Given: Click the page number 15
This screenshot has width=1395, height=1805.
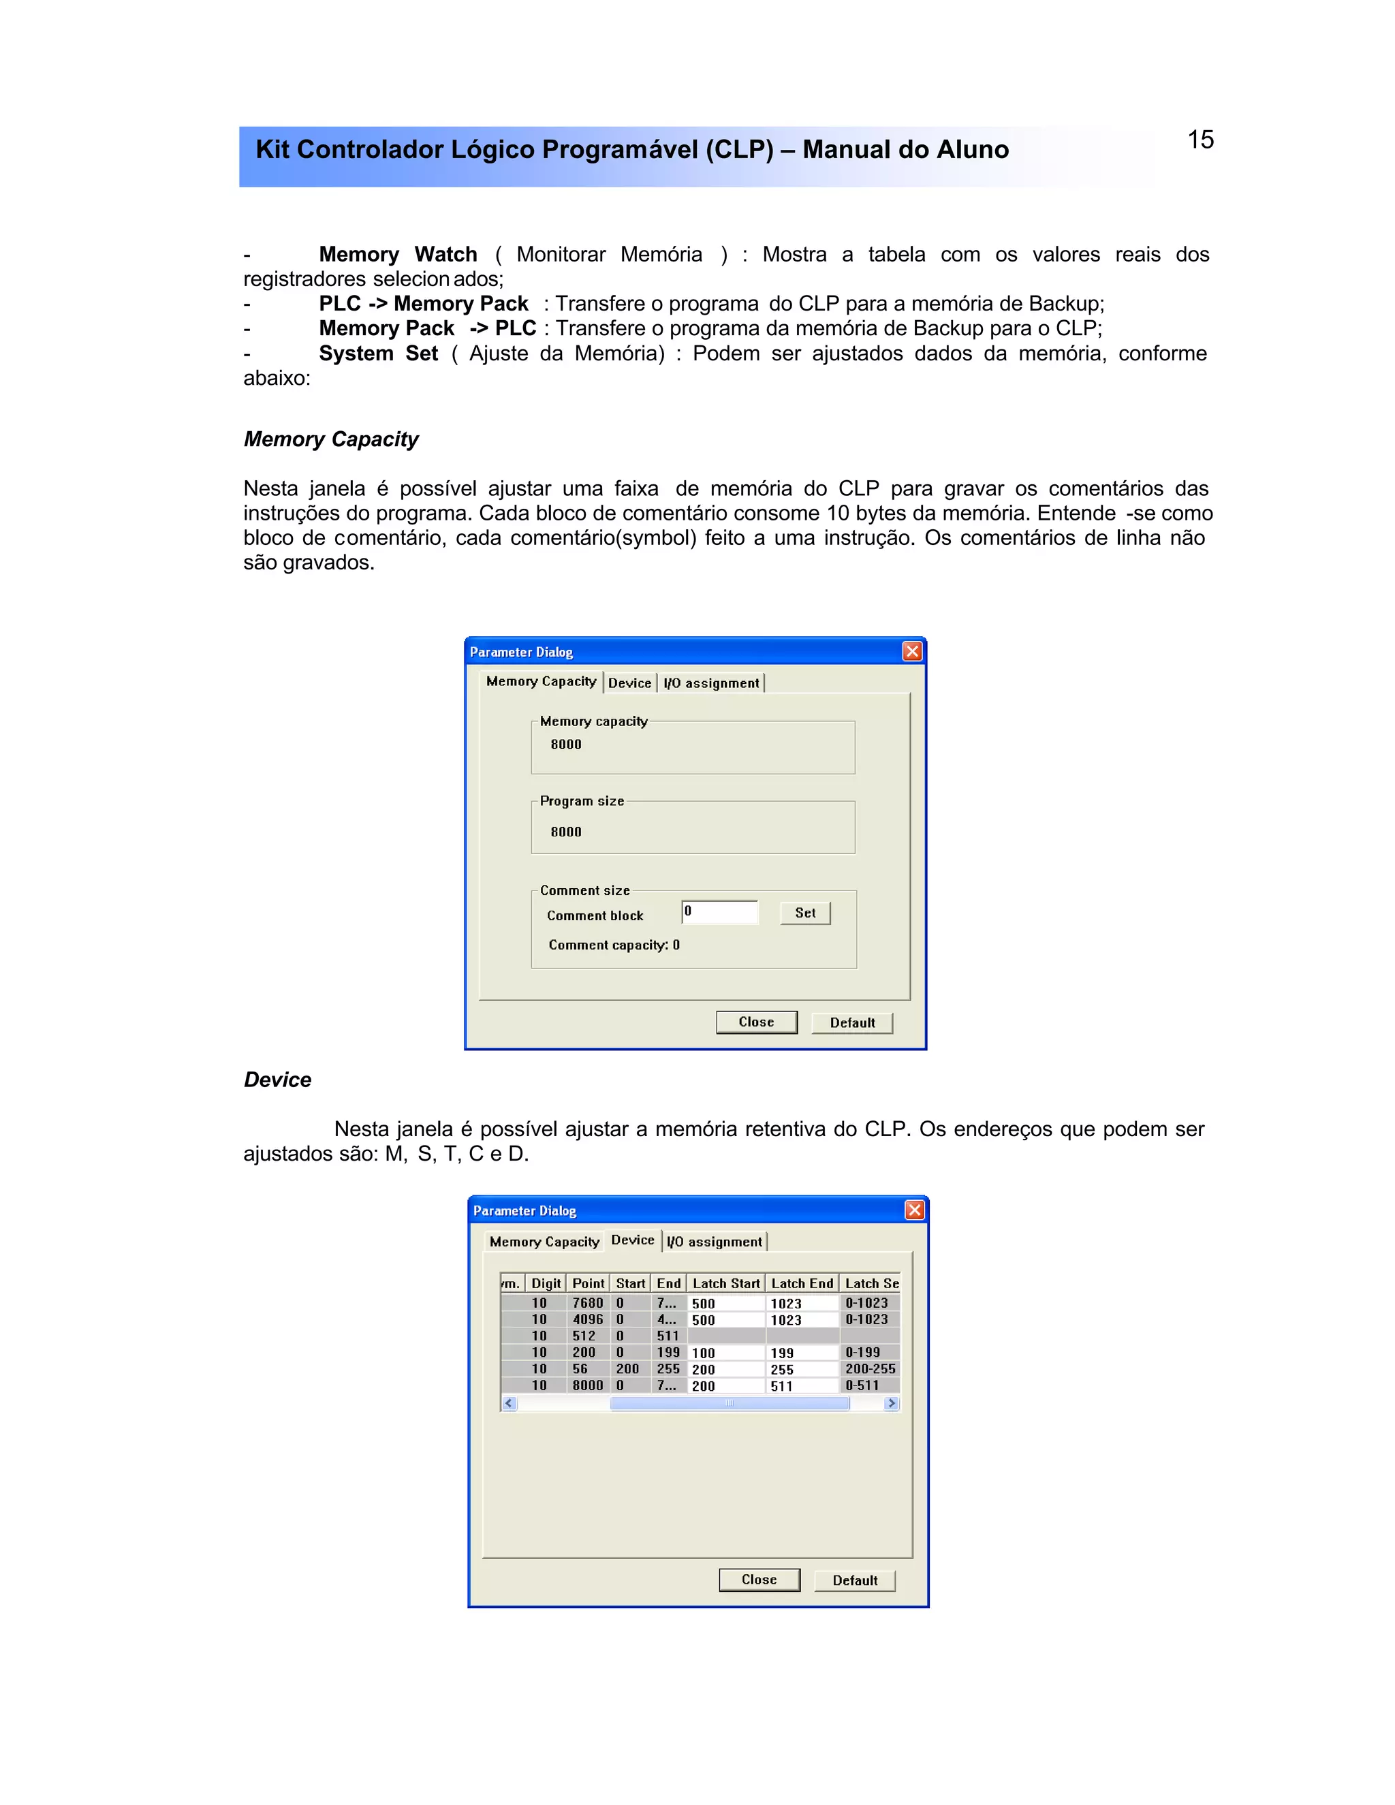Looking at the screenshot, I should [1200, 140].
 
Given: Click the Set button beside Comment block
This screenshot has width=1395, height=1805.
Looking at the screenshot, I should [805, 913].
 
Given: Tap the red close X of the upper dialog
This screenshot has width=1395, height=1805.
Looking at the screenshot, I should [911, 651].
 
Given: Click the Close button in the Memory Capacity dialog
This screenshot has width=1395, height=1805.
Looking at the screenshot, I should [756, 1022].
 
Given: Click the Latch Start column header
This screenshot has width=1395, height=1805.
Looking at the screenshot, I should [725, 1283].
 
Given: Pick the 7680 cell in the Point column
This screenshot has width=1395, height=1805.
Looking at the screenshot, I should [588, 1302].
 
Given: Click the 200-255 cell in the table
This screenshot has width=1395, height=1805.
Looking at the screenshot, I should [869, 1368].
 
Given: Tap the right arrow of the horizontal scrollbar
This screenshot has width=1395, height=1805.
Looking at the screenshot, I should [891, 1402].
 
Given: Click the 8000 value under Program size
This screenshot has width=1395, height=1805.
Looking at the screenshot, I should [566, 832].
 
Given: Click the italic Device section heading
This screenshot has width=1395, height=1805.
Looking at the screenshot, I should [278, 1080].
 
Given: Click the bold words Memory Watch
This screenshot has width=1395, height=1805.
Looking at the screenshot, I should [398, 254].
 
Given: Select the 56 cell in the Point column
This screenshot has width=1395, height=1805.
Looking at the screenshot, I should [580, 1368].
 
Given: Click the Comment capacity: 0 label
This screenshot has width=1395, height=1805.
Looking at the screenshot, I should [614, 945].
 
